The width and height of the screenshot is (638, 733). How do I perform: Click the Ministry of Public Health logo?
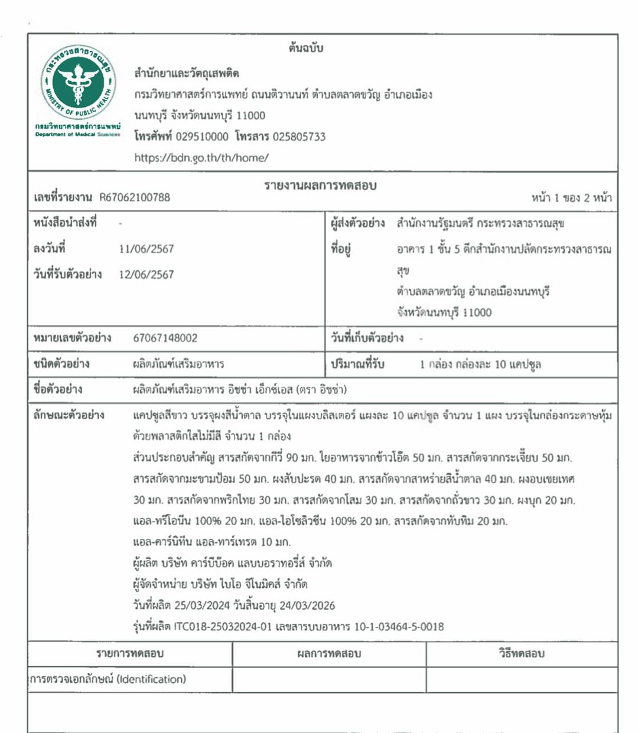click(77, 84)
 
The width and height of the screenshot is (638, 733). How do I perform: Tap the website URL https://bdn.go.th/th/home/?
click(201, 158)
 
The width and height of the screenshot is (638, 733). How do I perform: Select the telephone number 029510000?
click(202, 136)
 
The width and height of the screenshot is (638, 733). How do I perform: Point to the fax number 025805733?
click(299, 136)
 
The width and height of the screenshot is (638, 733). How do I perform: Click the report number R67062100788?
click(135, 197)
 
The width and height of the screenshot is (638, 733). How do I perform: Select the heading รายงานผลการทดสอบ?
click(320, 185)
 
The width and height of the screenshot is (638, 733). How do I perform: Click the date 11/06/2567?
click(147, 249)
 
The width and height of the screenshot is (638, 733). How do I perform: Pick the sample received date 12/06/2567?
click(147, 274)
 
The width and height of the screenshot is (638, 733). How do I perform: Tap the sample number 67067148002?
click(165, 338)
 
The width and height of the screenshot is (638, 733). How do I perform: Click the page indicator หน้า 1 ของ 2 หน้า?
click(571, 197)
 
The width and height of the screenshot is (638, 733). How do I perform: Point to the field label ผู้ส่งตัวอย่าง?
click(358, 223)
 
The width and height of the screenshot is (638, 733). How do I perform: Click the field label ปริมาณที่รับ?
click(358, 364)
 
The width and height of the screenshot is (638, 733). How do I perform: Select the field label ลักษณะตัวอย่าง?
click(69, 415)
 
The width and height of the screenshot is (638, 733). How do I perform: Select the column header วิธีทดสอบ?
click(522, 654)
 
